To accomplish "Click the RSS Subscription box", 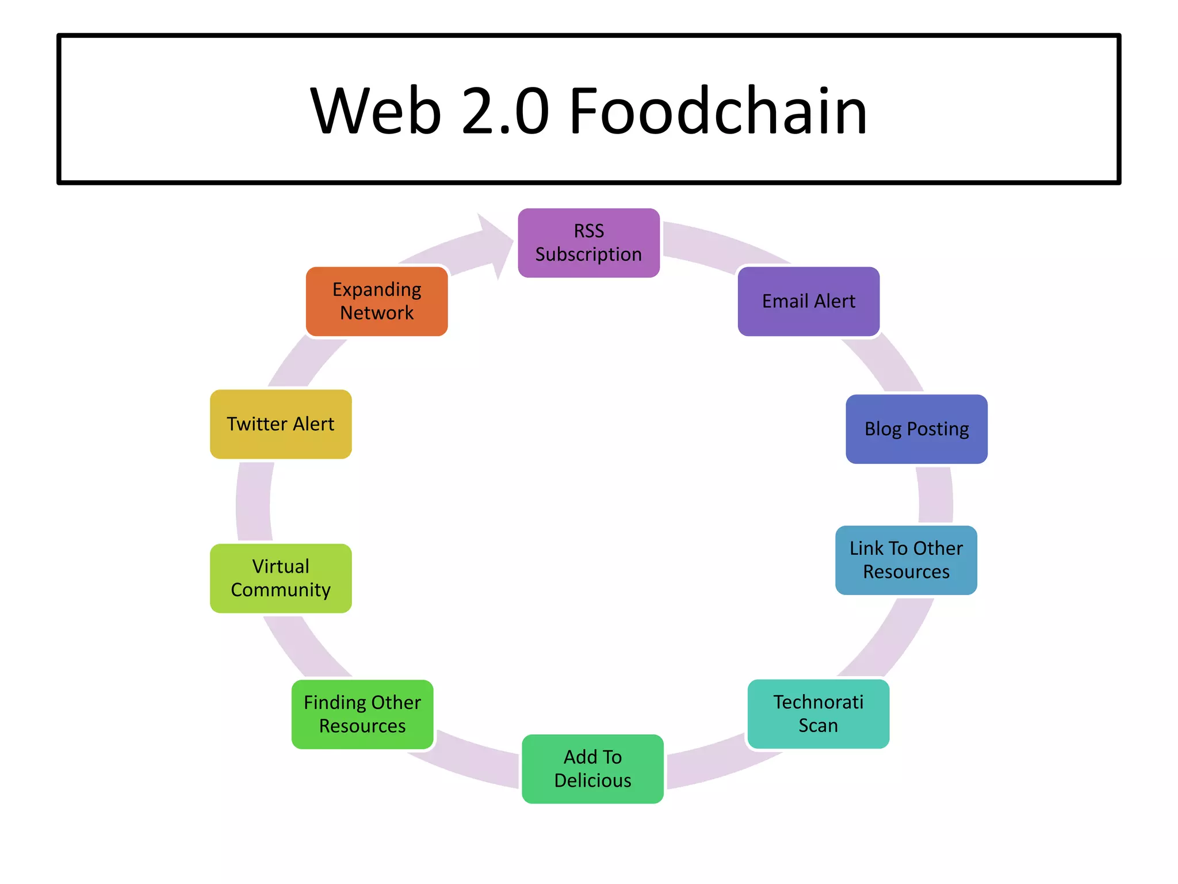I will pyautogui.click(x=588, y=243).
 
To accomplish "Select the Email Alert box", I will pyautogui.click(x=808, y=301).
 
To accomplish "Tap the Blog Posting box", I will pyautogui.click(x=916, y=429).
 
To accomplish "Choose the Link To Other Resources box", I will pyautogui.click(x=906, y=560).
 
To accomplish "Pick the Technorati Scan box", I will pyautogui.click(x=818, y=714).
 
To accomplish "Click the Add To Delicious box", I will pyautogui.click(x=592, y=768).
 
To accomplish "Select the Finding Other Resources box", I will pyautogui.click(x=362, y=714).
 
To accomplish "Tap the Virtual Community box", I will pyautogui.click(x=281, y=578).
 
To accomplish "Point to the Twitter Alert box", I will pyautogui.click(x=281, y=424).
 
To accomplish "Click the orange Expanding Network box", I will pyautogui.click(x=377, y=301).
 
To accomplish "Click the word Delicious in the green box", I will pyautogui.click(x=592, y=780).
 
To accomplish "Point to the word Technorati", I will pyautogui.click(x=818, y=702).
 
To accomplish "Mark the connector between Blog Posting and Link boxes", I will pyautogui.click(x=935, y=495).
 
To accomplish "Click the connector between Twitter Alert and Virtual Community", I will pyautogui.click(x=254, y=501).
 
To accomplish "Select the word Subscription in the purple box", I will pyautogui.click(x=588, y=254).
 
